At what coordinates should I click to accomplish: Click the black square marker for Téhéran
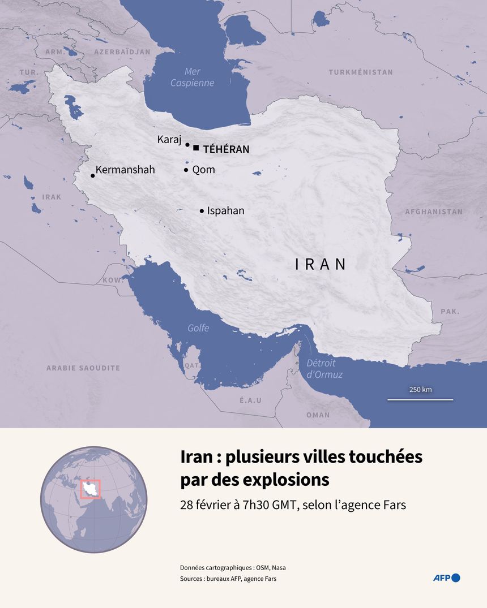coord(196,148)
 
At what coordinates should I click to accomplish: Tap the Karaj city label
coord(169,140)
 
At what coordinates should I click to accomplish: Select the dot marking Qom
coord(186,170)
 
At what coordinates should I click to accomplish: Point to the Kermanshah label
coord(125,169)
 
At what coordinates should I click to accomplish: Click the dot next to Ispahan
coord(202,211)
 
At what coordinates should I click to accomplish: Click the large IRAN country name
coord(321,264)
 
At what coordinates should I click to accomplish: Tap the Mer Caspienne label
coord(193,77)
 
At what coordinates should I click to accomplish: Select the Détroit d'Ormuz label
coord(324,369)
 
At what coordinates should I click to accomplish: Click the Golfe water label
coord(198,328)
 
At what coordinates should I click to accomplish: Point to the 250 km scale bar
coord(420,399)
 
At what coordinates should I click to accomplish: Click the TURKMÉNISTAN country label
coord(361,72)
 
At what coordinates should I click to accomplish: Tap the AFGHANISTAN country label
coord(434,212)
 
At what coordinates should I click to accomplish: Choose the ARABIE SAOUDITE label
coord(83,368)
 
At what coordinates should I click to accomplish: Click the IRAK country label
coord(52,197)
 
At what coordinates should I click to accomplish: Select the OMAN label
coord(318,415)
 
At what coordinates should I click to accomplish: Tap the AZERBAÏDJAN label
coord(122,52)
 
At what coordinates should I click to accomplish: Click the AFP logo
coord(446,577)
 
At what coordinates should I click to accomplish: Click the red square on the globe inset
coord(91,489)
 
